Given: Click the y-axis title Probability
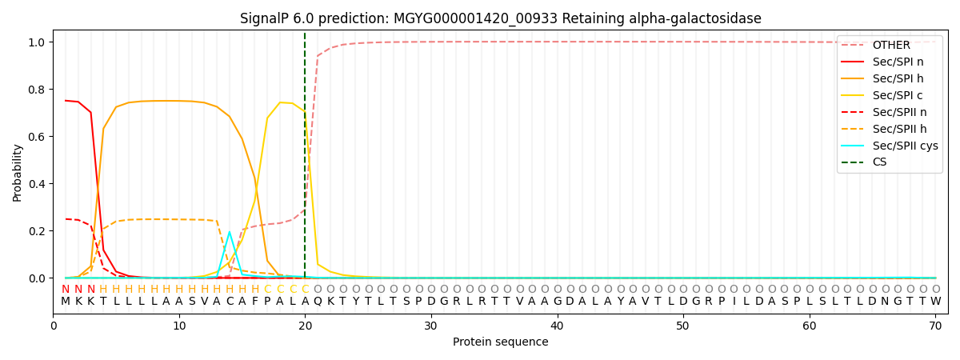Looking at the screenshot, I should pyautogui.click(x=18, y=172).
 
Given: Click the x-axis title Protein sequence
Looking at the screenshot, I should pyautogui.click(x=500, y=342).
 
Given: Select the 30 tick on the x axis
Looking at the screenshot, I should pyautogui.click(x=431, y=326).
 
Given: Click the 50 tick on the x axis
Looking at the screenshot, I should pyautogui.click(x=682, y=326).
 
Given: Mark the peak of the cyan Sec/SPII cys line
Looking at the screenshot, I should pyautogui.click(x=230, y=232).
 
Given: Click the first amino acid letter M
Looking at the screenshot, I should pyautogui.click(x=66, y=302).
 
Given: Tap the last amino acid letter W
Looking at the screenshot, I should pyautogui.click(x=935, y=302).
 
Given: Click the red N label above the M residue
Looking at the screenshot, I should pyautogui.click(x=66, y=290).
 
